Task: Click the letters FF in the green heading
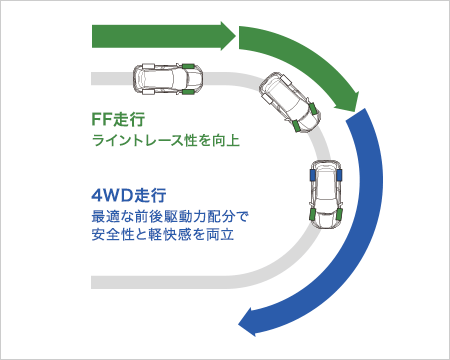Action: tap(102, 116)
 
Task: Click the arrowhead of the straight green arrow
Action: tap(225, 36)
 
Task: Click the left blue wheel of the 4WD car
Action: tap(314, 174)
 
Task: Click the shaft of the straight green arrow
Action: tap(150, 36)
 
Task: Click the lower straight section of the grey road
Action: tap(160, 276)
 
